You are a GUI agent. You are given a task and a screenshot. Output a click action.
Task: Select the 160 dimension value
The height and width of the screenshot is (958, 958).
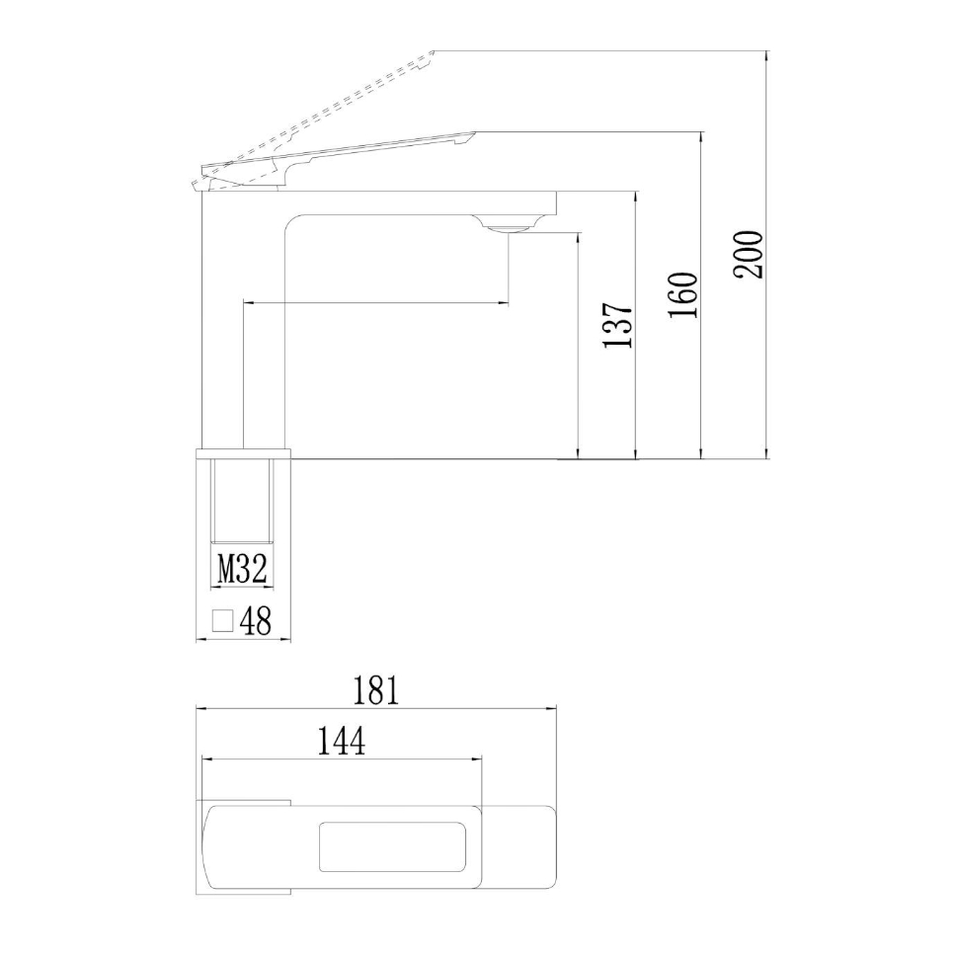pyautogui.click(x=683, y=294)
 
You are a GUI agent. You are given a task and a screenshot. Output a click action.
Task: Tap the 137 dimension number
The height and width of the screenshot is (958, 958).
pyautogui.click(x=616, y=325)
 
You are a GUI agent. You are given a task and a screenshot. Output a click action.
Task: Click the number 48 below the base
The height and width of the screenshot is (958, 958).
pyautogui.click(x=255, y=622)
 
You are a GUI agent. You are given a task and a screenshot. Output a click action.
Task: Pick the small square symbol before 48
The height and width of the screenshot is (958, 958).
pyautogui.click(x=223, y=621)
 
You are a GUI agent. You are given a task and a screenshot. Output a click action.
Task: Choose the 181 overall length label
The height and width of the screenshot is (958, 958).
pyautogui.click(x=376, y=689)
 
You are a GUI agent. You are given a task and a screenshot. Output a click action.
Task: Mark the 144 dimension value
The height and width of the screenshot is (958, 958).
pyautogui.click(x=341, y=741)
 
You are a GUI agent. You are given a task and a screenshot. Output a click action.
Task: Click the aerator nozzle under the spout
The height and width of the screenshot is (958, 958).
pyautogui.click(x=507, y=228)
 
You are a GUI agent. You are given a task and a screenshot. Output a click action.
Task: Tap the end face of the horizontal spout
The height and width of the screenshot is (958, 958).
pyautogui.click(x=556, y=202)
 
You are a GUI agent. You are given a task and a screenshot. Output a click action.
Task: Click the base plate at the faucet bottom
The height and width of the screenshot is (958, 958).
pyautogui.click(x=244, y=454)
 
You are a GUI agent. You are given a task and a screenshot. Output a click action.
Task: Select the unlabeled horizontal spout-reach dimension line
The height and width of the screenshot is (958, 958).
pyautogui.click(x=375, y=303)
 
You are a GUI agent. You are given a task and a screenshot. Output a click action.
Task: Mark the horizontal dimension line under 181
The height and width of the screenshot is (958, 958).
pyautogui.click(x=376, y=708)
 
